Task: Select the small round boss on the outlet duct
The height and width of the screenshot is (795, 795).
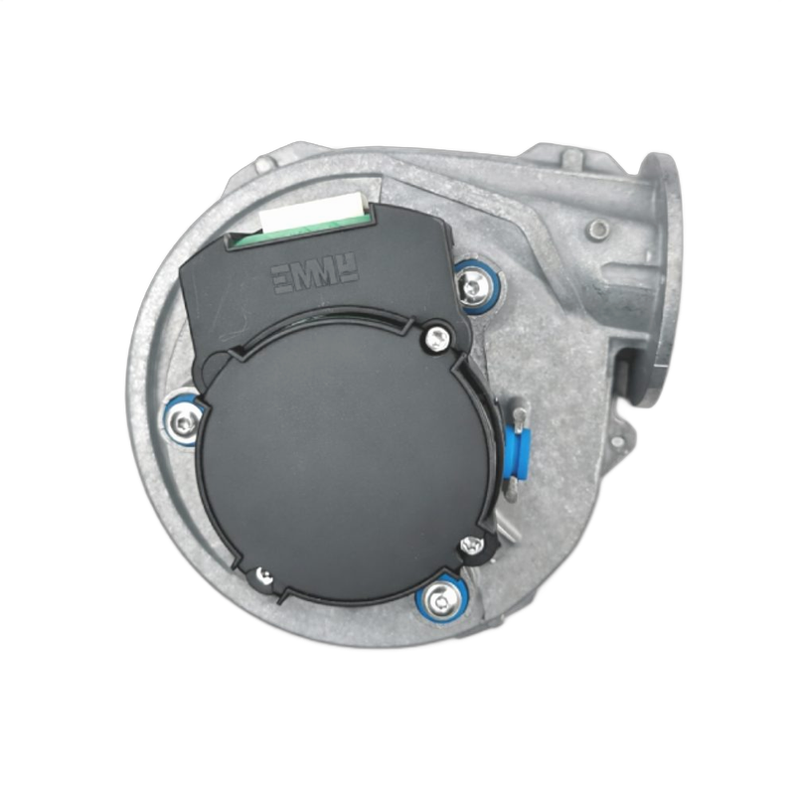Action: [x=596, y=231]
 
